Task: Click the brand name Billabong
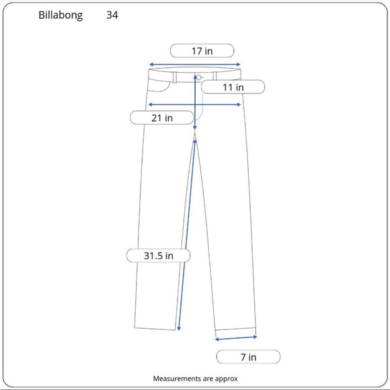61,15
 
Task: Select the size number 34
112,15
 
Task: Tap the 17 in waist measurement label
202,50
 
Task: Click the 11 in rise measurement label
232,87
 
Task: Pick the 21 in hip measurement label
161,118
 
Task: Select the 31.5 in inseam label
159,256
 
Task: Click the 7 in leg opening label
247,357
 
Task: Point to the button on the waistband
200,77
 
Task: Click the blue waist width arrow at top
195,65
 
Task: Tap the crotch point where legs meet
196,134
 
